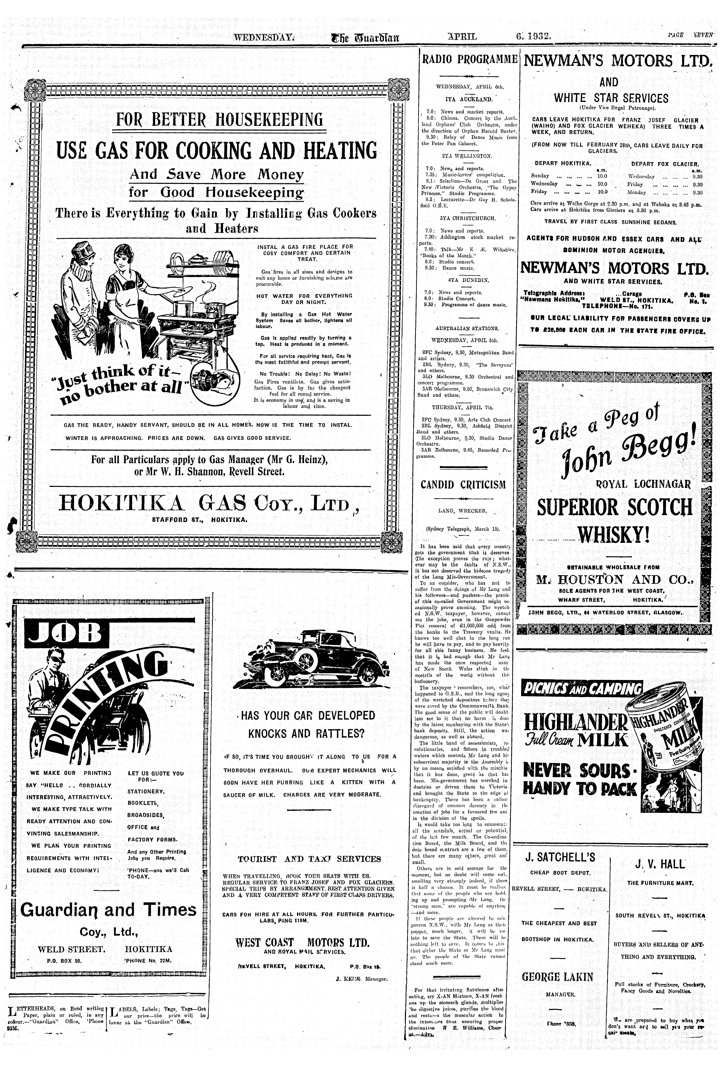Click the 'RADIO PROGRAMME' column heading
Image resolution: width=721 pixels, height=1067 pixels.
[469, 59]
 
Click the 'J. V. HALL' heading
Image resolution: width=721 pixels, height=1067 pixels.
[659, 865]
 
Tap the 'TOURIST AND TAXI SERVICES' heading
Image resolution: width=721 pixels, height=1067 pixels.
[309, 859]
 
